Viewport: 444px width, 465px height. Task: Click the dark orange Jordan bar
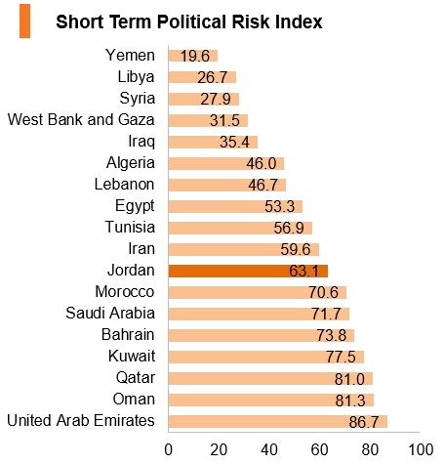pos(248,271)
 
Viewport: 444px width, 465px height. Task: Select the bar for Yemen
pos(193,56)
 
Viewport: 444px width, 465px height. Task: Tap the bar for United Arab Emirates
pos(278,422)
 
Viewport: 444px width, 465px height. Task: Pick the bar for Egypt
pos(235,206)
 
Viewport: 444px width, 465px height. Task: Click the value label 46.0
pos(262,163)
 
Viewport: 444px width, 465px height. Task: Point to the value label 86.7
pos(364,422)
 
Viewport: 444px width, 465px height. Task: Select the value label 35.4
pos(234,142)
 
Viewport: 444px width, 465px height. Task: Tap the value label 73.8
pos(332,336)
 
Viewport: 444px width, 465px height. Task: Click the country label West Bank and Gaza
pos(81,119)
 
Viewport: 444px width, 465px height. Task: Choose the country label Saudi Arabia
pos(110,313)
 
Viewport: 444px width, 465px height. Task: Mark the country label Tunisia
pos(130,227)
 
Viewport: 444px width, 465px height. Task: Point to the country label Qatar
pos(136,378)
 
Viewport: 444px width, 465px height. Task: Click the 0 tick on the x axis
pos(169,450)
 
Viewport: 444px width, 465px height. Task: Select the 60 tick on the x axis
pos(319,450)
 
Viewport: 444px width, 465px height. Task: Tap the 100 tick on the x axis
pos(421,450)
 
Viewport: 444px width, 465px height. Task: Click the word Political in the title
pos(192,22)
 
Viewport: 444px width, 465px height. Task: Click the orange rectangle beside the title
pos(24,21)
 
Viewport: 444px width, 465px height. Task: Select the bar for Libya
pos(202,77)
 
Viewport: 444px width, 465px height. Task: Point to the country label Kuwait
pos(132,356)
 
